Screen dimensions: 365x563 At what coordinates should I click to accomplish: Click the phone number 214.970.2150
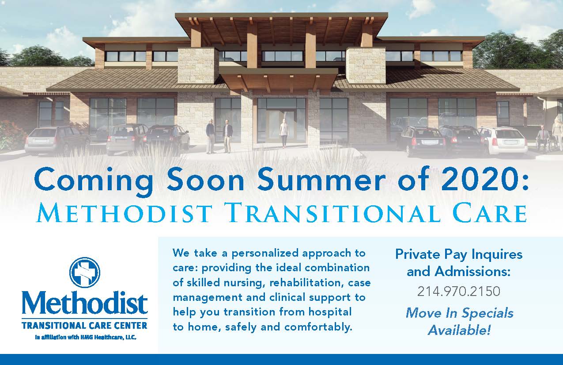coord(458,292)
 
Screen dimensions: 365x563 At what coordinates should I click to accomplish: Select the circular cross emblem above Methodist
coord(85,272)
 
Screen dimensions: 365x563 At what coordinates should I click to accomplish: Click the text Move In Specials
coord(459,313)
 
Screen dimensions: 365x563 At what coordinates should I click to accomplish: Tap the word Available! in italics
coord(459,330)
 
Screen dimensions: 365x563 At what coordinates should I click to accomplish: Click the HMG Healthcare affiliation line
coord(85,337)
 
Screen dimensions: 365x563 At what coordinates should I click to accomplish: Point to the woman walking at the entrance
coord(284,134)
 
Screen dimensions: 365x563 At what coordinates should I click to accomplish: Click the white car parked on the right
coord(502,140)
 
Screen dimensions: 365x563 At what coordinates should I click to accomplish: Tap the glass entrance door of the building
coord(281,122)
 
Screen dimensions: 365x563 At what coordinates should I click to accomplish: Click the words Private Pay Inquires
coord(458,254)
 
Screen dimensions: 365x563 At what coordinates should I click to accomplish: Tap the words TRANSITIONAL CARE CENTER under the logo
coord(84,326)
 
